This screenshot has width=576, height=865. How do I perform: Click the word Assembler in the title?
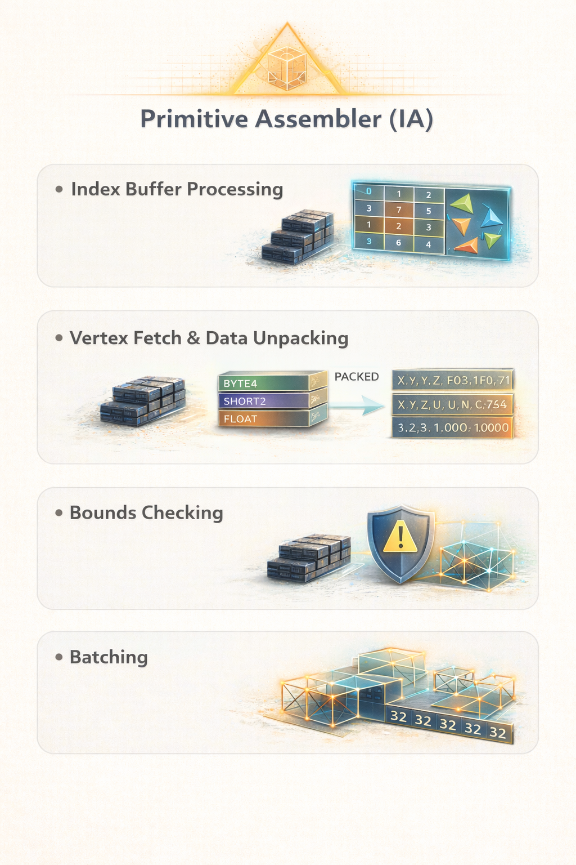pos(318,119)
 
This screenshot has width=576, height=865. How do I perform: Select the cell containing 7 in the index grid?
pos(399,209)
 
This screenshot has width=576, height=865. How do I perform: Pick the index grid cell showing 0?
pos(369,191)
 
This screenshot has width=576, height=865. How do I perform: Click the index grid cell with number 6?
pos(399,243)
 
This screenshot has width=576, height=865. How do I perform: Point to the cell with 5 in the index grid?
pos(429,211)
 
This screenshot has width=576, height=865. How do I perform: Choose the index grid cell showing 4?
pos(429,244)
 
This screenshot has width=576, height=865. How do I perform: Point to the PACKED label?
pos(357,377)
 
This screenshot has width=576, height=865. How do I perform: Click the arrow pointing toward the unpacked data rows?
pos(356,405)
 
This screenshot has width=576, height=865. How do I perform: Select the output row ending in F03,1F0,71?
pos(453,381)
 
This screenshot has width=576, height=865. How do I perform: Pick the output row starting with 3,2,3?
pos(453,427)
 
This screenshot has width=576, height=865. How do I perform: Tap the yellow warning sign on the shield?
pos(400,535)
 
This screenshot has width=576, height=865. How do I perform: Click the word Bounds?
pos(102,513)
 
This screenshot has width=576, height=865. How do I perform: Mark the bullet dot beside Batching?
pos(59,657)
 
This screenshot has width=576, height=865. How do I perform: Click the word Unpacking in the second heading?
pos(300,338)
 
